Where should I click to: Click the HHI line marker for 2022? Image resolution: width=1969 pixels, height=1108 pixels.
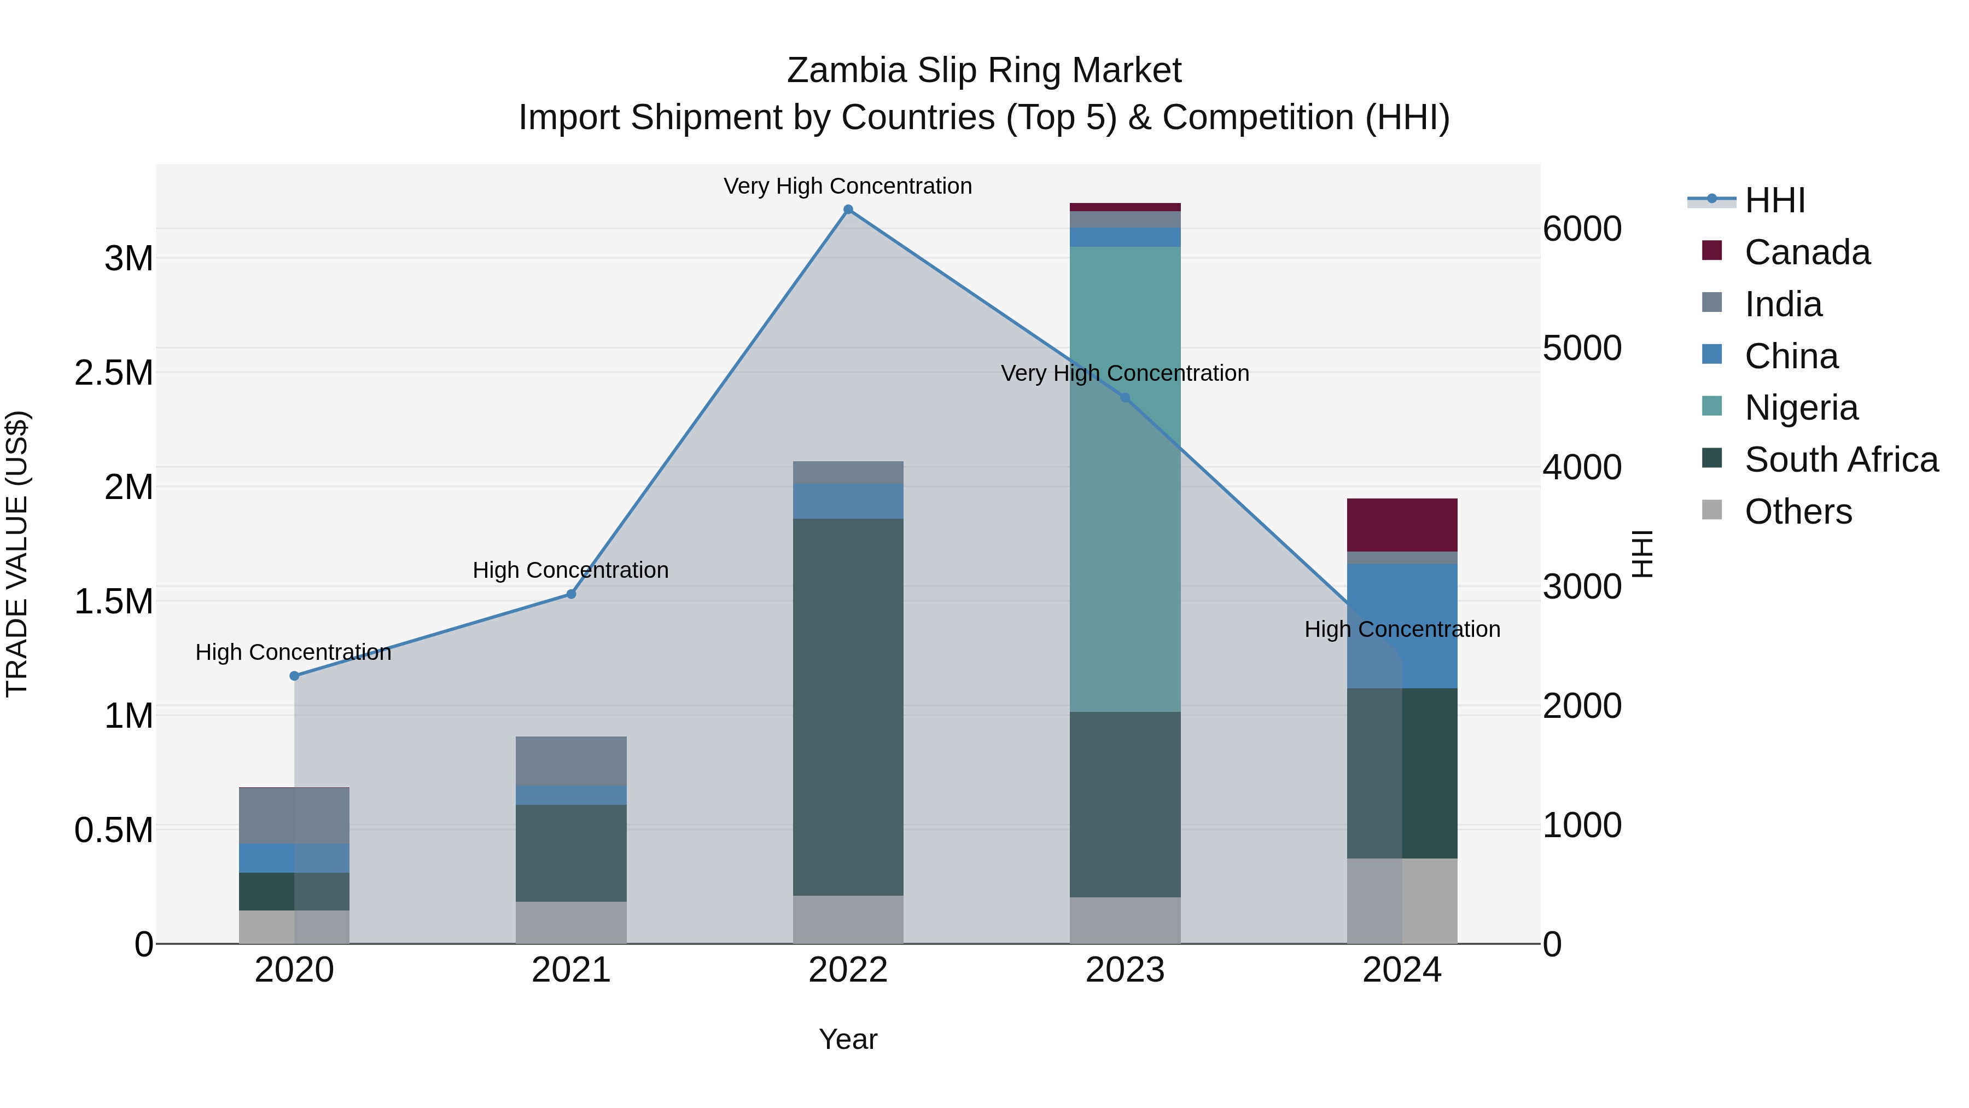point(848,210)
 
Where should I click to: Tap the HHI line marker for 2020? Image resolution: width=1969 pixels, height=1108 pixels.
point(294,676)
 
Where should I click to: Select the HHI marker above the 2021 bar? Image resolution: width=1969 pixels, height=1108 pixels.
point(571,594)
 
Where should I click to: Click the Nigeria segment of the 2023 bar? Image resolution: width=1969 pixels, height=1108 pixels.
point(1125,479)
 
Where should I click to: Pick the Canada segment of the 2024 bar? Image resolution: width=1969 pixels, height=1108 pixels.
point(1402,525)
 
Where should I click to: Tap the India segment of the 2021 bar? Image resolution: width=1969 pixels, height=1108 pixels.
point(571,761)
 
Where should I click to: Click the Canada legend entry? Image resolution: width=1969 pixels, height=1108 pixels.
point(1807,252)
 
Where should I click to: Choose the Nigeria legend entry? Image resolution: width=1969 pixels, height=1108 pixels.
point(1801,408)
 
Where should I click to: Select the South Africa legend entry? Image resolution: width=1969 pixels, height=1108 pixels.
point(1840,460)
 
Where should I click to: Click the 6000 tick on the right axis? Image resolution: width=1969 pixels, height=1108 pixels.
point(1581,229)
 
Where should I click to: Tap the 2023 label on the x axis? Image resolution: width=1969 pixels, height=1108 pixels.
point(1125,970)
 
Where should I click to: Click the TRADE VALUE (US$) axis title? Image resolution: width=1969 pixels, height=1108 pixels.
point(17,554)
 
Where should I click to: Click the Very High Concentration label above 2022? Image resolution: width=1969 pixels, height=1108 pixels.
point(848,186)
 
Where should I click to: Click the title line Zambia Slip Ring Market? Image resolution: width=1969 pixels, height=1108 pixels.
point(984,71)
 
